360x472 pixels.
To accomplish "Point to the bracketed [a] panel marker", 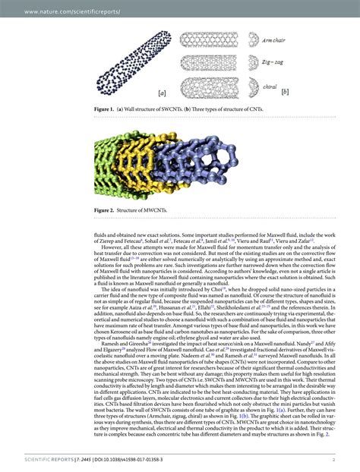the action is click(x=163, y=93).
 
